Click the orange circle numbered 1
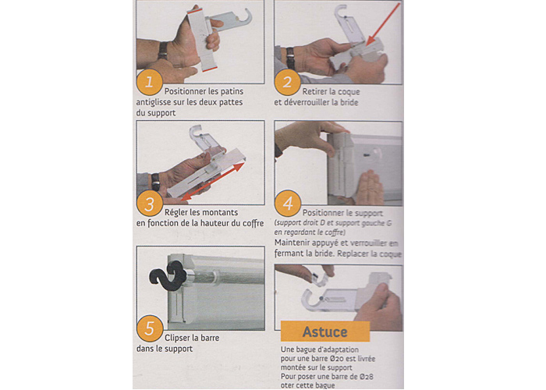pos(150,83)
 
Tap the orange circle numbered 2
pos(287,83)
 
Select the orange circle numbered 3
pos(150,204)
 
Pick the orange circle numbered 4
pos(288,204)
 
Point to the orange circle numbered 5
pos(150,328)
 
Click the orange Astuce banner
pos(325,331)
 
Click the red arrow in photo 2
pos(382,24)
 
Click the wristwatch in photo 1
pos(162,51)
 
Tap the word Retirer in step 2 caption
pos(314,91)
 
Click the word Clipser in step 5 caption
pos(178,338)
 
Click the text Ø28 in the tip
pos(367,377)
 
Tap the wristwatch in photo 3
pos(155,182)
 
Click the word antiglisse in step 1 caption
pos(153,102)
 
